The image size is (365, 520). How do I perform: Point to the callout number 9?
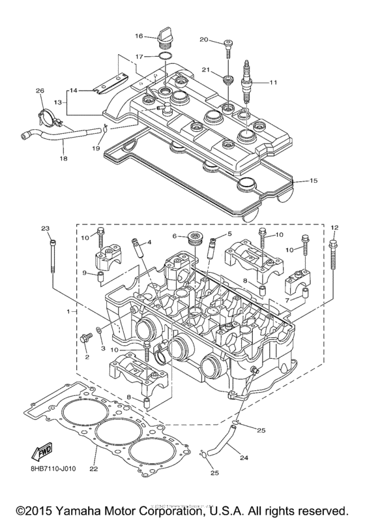pyautogui.click(x=85, y=273)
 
